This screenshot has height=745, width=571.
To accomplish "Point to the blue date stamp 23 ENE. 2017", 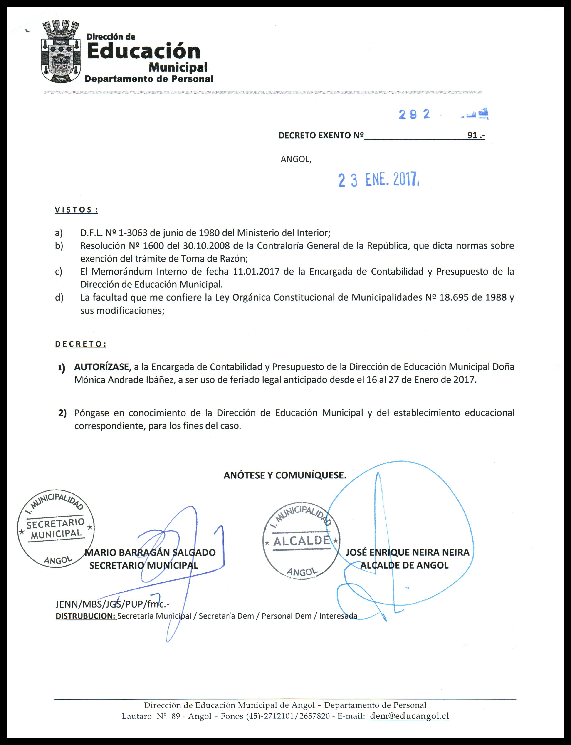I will (378, 180).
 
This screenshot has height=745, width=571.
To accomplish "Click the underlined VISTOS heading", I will (76, 210).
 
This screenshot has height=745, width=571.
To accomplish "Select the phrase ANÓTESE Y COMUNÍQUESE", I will (285, 475).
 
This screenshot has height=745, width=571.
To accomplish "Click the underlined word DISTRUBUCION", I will (86, 616).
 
